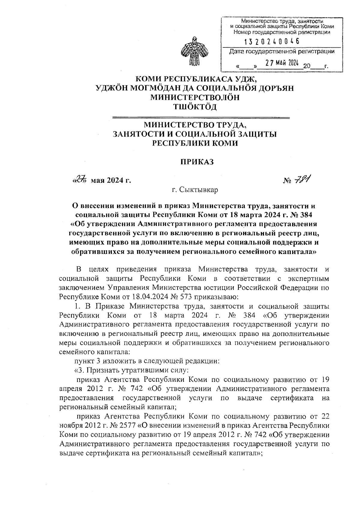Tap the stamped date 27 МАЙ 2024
(x=282, y=63)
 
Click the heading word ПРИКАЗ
(x=196, y=162)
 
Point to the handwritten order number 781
(x=302, y=179)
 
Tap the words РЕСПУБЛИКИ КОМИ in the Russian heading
(x=195, y=143)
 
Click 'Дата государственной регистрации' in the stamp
(x=281, y=51)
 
